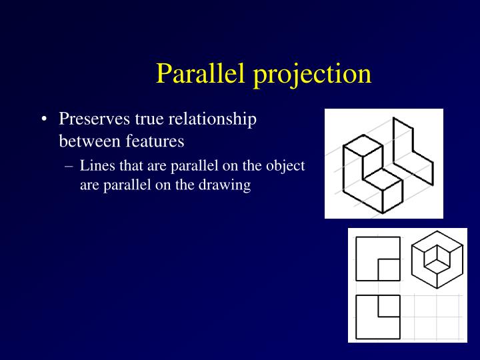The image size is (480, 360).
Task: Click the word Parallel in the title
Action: (x=201, y=73)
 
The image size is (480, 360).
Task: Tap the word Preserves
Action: (x=95, y=119)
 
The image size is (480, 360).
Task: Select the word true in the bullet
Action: (x=150, y=119)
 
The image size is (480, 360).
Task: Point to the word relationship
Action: (x=213, y=120)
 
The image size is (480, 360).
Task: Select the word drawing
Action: (x=227, y=185)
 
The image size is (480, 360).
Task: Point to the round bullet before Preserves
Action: (x=44, y=120)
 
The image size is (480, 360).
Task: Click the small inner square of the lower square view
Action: (x=389, y=306)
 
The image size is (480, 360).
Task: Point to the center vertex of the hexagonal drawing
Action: (x=437, y=257)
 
